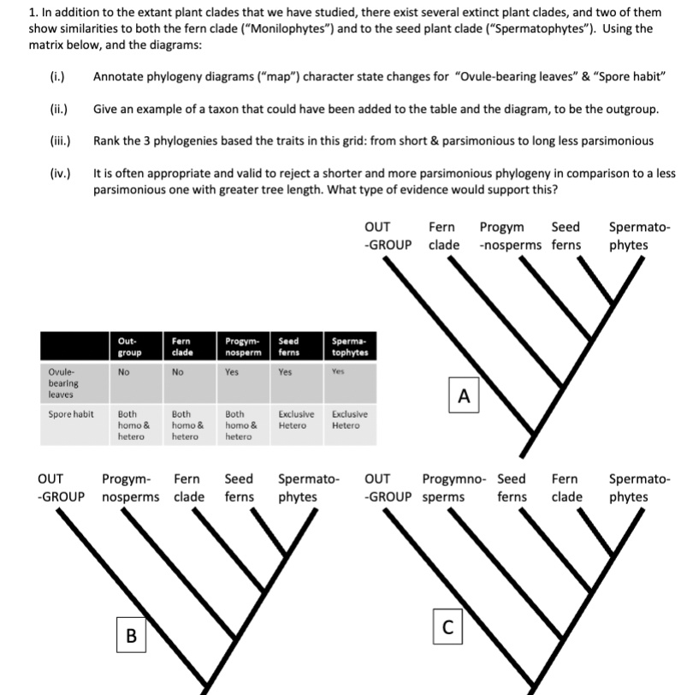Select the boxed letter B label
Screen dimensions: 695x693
(130, 635)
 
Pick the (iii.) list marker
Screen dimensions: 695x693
(59, 141)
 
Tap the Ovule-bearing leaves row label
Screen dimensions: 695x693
(62, 383)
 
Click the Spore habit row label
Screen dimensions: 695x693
(71, 414)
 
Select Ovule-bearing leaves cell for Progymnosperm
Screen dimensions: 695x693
(232, 373)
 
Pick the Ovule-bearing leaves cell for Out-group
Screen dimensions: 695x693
(124, 373)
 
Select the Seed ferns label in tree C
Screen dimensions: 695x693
(512, 488)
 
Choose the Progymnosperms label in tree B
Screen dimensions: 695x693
(129, 488)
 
